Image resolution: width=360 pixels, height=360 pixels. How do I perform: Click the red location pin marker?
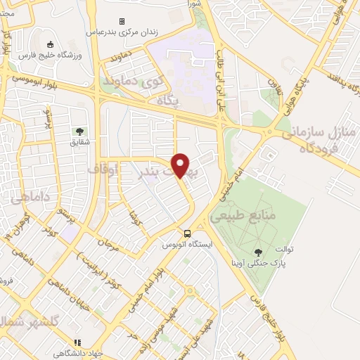point(181,165)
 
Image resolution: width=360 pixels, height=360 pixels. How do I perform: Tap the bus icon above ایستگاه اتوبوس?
point(187,233)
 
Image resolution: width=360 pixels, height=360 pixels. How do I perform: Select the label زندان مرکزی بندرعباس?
point(121,32)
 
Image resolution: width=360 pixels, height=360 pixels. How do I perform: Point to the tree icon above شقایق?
point(79,131)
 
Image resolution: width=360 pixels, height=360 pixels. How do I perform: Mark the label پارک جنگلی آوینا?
point(268,264)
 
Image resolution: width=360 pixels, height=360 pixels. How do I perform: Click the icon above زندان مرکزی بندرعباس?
point(122,22)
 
